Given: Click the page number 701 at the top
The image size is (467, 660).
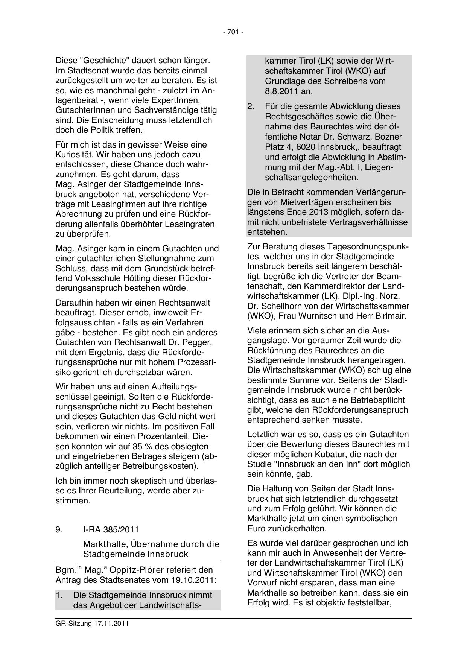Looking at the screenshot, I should (233, 32).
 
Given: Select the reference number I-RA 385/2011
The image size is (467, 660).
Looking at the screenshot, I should (111, 529).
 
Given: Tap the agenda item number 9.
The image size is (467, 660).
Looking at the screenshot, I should (59, 529).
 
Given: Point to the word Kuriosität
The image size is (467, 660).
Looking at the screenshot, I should (75, 155).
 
